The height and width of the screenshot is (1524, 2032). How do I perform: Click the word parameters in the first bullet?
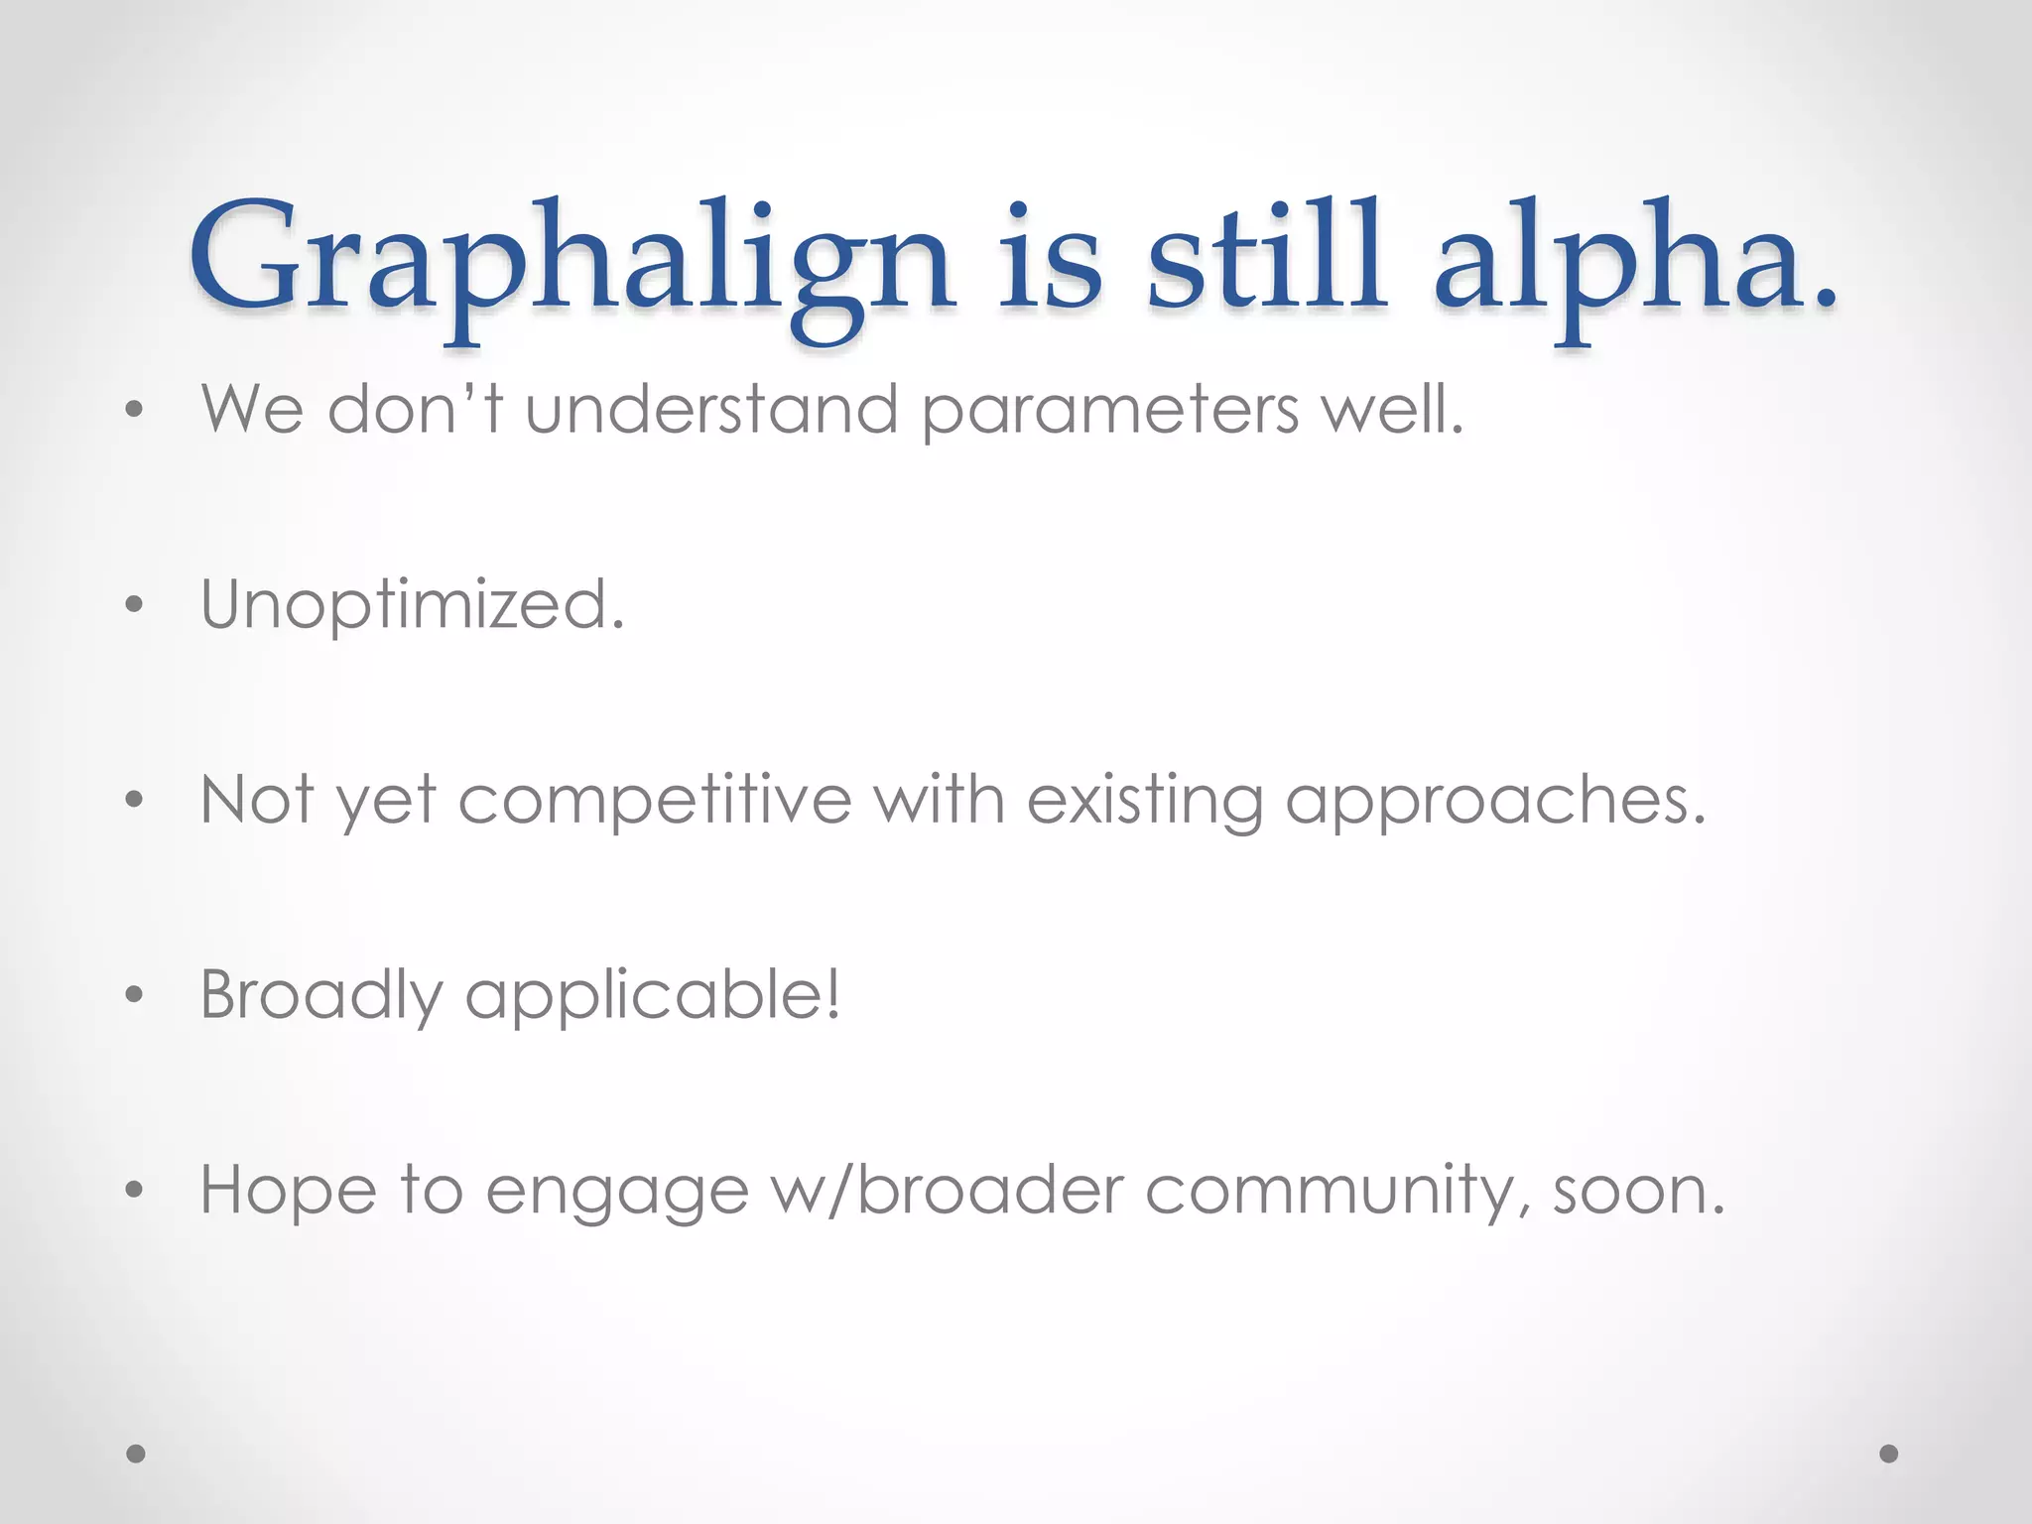(1110, 412)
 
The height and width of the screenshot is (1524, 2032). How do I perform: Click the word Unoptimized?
(413, 605)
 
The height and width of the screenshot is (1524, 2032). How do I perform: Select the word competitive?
(655, 801)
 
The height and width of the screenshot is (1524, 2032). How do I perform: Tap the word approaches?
(1495, 801)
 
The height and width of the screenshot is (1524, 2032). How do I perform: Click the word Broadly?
(320, 995)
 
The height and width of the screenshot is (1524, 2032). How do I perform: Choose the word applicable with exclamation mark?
(653, 995)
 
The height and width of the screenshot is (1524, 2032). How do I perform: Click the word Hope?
(288, 1191)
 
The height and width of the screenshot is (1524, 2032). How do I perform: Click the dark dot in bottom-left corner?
(136, 1454)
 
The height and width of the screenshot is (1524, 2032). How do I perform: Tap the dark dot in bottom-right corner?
(1889, 1454)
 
